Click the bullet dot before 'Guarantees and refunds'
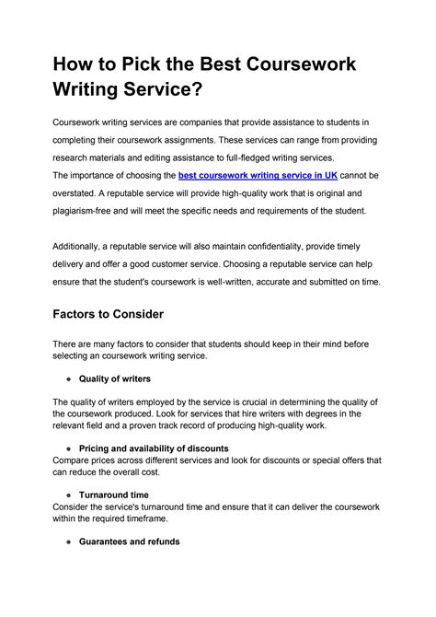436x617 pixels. coord(72,541)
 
